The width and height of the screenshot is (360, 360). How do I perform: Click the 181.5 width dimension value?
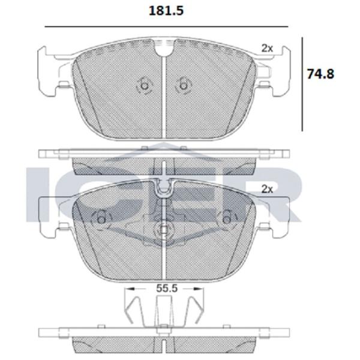click(166, 11)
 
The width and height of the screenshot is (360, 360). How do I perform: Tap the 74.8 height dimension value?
click(321, 74)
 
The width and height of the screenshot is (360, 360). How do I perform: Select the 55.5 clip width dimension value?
click(167, 288)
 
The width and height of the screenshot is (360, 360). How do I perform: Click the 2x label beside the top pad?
click(267, 48)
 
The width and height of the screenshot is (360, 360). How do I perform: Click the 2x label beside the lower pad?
click(267, 189)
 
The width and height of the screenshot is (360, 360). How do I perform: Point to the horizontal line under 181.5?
click(166, 27)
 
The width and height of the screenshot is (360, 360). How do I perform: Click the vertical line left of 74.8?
click(302, 85)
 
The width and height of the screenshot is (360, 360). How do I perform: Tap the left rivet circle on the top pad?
click(144, 86)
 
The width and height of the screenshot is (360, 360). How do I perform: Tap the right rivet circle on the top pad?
click(183, 86)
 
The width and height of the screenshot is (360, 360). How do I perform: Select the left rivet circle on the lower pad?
click(101, 220)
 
